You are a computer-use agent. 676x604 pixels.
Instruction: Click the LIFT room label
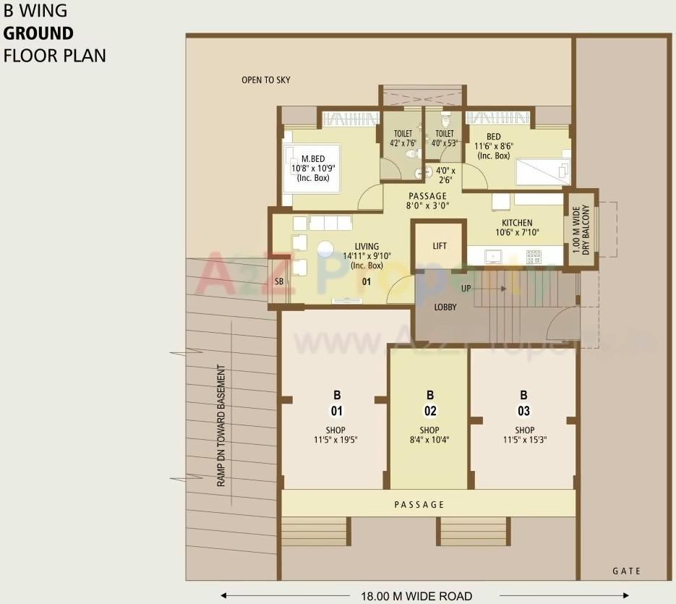[440, 246]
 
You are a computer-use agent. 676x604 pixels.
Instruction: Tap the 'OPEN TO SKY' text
[265, 80]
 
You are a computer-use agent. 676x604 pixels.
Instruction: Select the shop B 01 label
[336, 403]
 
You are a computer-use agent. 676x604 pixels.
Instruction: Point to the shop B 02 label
[430, 403]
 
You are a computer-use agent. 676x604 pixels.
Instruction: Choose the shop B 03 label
[523, 403]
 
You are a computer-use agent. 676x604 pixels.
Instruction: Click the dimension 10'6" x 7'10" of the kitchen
[518, 233]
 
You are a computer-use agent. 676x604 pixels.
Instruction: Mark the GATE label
[626, 571]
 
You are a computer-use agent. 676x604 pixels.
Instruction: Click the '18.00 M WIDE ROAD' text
[416, 597]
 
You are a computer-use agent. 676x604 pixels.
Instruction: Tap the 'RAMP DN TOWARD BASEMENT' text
[221, 426]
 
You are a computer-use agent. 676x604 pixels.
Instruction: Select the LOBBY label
[445, 307]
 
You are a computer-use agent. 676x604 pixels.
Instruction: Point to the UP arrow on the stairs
[487, 288]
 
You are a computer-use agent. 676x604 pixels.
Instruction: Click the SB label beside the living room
[278, 282]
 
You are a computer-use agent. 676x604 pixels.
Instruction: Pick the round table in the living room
[326, 250]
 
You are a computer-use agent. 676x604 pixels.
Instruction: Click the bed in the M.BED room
[312, 169]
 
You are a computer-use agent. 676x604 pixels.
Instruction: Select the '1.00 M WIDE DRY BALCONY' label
[581, 229]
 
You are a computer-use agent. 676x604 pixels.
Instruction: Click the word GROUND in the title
[38, 33]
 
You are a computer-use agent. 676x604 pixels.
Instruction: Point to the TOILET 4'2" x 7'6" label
[403, 138]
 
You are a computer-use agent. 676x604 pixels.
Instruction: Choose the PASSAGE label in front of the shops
[419, 504]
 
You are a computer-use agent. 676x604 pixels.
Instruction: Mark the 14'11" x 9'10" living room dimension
[367, 256]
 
